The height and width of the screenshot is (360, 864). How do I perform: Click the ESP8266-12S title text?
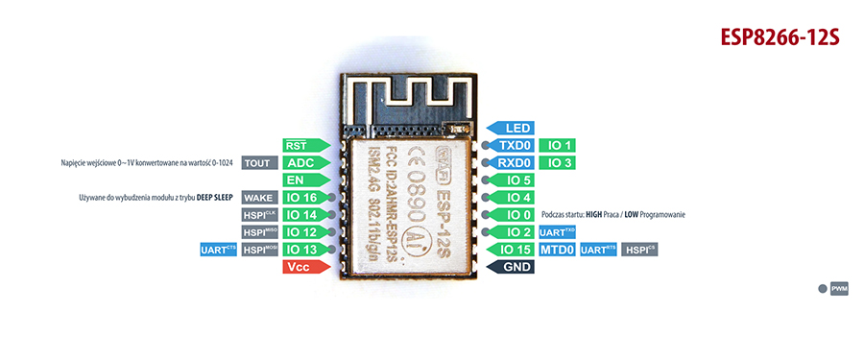(780, 37)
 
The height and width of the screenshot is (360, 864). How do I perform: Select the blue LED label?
(510, 128)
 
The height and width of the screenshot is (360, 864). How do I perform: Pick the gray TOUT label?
(257, 162)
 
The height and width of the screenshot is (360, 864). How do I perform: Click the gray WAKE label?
(257, 198)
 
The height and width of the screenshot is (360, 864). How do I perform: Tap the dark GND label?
(510, 267)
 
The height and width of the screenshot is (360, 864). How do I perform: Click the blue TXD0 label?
(510, 145)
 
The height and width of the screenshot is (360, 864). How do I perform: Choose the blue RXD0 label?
(510, 162)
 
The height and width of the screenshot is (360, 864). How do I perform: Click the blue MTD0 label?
(556, 250)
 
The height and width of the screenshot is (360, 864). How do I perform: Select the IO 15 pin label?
(510, 250)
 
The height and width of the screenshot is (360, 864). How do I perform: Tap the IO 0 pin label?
(510, 215)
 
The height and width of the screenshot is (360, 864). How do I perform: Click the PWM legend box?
(839, 288)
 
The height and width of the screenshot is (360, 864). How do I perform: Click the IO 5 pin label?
(510, 180)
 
